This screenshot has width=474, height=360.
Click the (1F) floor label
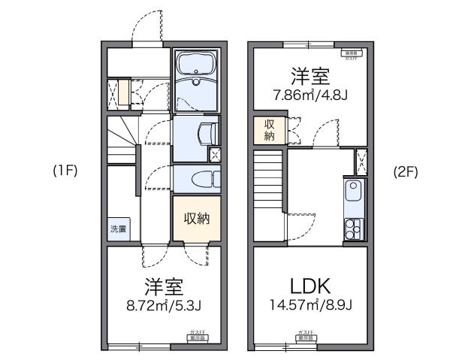(x=65, y=171)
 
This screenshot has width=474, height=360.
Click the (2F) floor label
(x=406, y=171)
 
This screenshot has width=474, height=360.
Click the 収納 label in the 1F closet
(x=197, y=219)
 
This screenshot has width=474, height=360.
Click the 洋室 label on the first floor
(x=164, y=287)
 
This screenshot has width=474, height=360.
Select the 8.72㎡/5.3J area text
(x=164, y=307)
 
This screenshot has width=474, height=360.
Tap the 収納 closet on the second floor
(x=268, y=130)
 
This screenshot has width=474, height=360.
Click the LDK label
(x=311, y=286)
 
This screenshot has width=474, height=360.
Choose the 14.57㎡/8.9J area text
(x=311, y=306)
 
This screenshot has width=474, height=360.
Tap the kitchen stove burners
(x=352, y=227)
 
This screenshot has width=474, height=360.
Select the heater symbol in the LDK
(x=306, y=334)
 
